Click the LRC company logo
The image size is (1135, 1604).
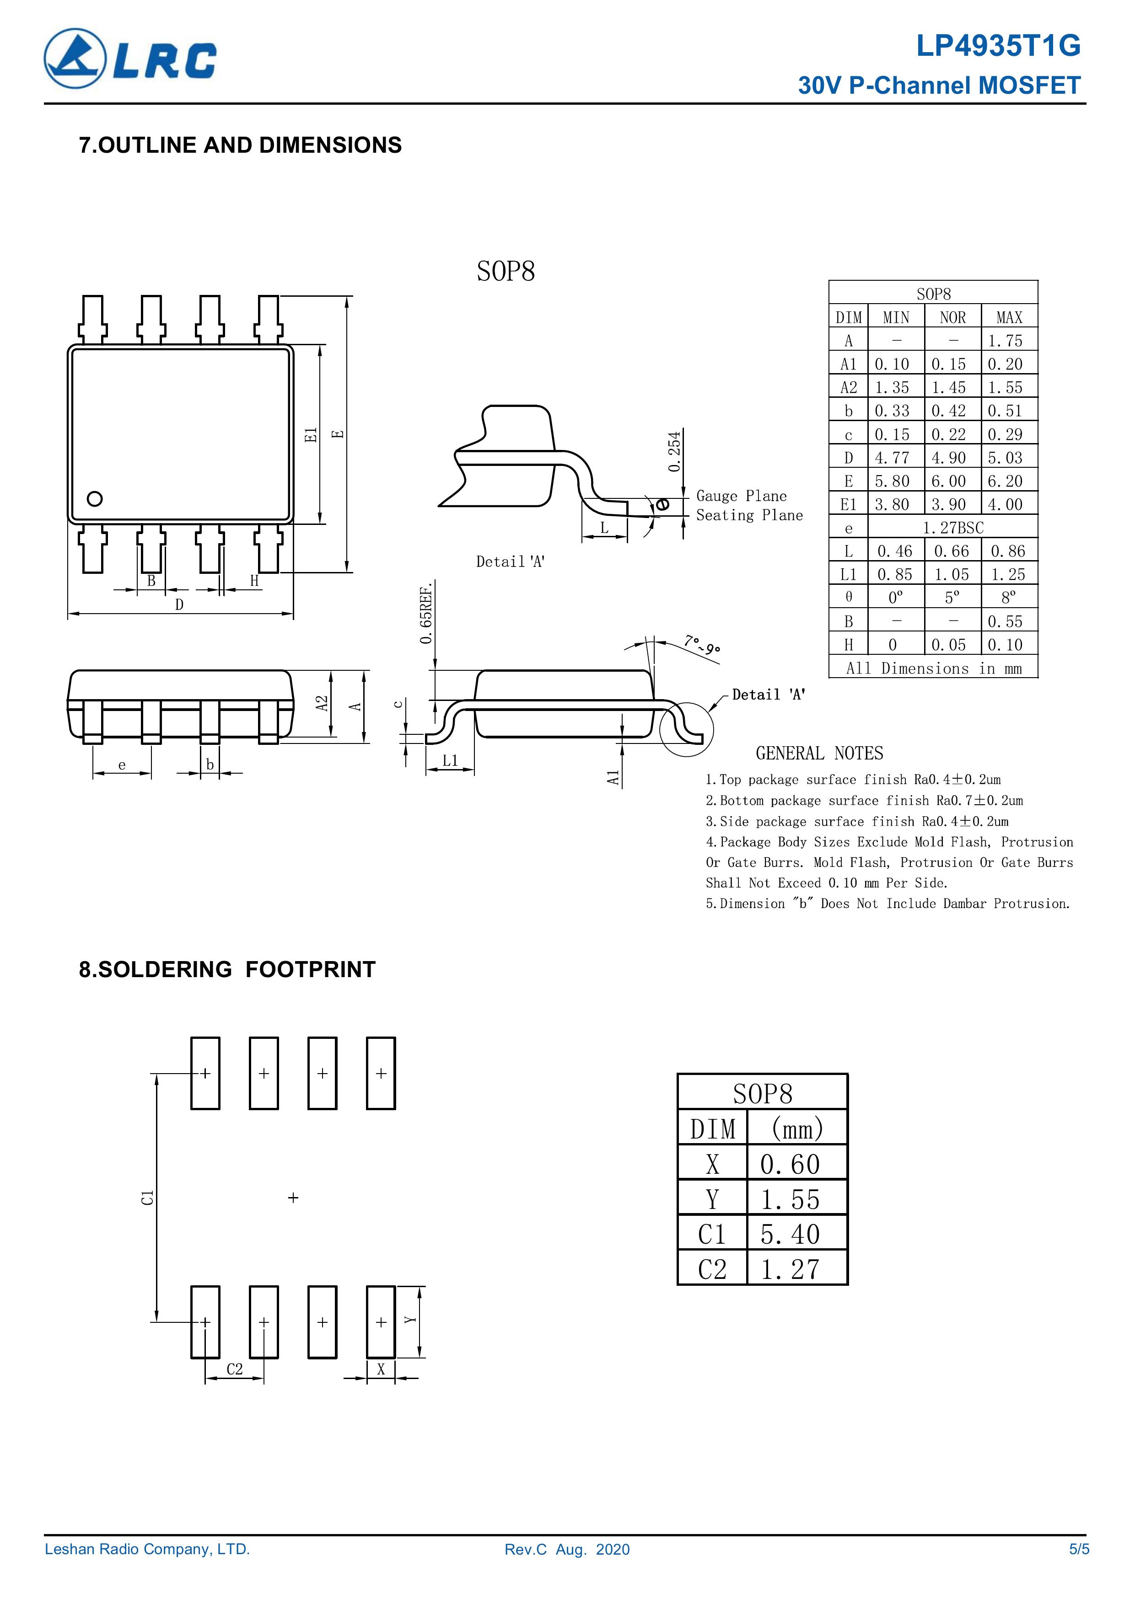tap(130, 59)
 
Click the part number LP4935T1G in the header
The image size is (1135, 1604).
tap(998, 46)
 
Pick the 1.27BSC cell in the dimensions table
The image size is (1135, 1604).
tap(952, 528)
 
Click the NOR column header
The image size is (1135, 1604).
tap(952, 317)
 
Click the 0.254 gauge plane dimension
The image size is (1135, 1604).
tap(674, 451)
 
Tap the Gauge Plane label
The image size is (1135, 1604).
tap(741, 496)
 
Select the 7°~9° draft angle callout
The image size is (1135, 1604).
tap(702, 644)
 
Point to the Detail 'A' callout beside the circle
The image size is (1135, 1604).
tap(769, 695)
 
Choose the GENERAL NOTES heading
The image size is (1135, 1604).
tap(819, 753)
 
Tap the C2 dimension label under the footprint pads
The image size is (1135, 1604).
tap(235, 1369)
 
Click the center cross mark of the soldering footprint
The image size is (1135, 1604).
tap(294, 1198)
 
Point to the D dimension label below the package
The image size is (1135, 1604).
tap(180, 605)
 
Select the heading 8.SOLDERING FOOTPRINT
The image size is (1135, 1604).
tap(227, 970)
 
